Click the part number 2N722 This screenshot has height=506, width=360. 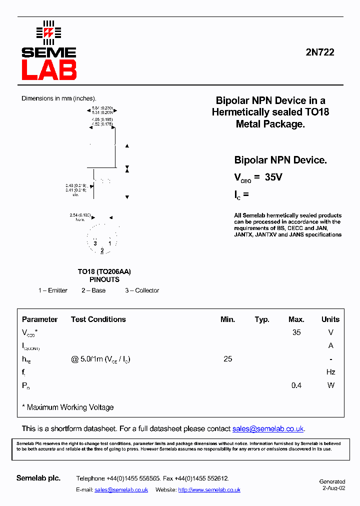tap(320, 52)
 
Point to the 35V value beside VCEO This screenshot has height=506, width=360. tap(273, 177)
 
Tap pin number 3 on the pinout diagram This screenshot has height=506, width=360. tap(94, 243)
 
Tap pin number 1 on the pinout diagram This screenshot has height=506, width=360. tap(110, 243)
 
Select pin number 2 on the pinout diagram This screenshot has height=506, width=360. tap(102, 250)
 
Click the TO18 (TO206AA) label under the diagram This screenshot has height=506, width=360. tap(104, 271)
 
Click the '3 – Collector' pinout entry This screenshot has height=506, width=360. tap(142, 290)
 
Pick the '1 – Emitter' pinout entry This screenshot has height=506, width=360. tap(53, 290)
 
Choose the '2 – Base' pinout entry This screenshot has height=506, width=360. tap(93, 290)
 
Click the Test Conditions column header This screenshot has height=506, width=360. tap(98, 319)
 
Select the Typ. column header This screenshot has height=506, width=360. tap(262, 319)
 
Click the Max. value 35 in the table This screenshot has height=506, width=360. tap(296, 332)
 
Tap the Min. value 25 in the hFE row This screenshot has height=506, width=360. tap(228, 359)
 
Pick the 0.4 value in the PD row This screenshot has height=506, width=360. tap(296, 385)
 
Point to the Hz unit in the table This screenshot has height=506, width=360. tap(330, 372)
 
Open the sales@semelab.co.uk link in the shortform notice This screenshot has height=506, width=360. tap(268, 429)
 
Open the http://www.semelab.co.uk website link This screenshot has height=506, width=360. tap(209, 490)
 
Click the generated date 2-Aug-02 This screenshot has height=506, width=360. tap(333, 488)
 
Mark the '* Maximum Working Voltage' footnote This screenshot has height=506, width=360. tap(68, 407)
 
